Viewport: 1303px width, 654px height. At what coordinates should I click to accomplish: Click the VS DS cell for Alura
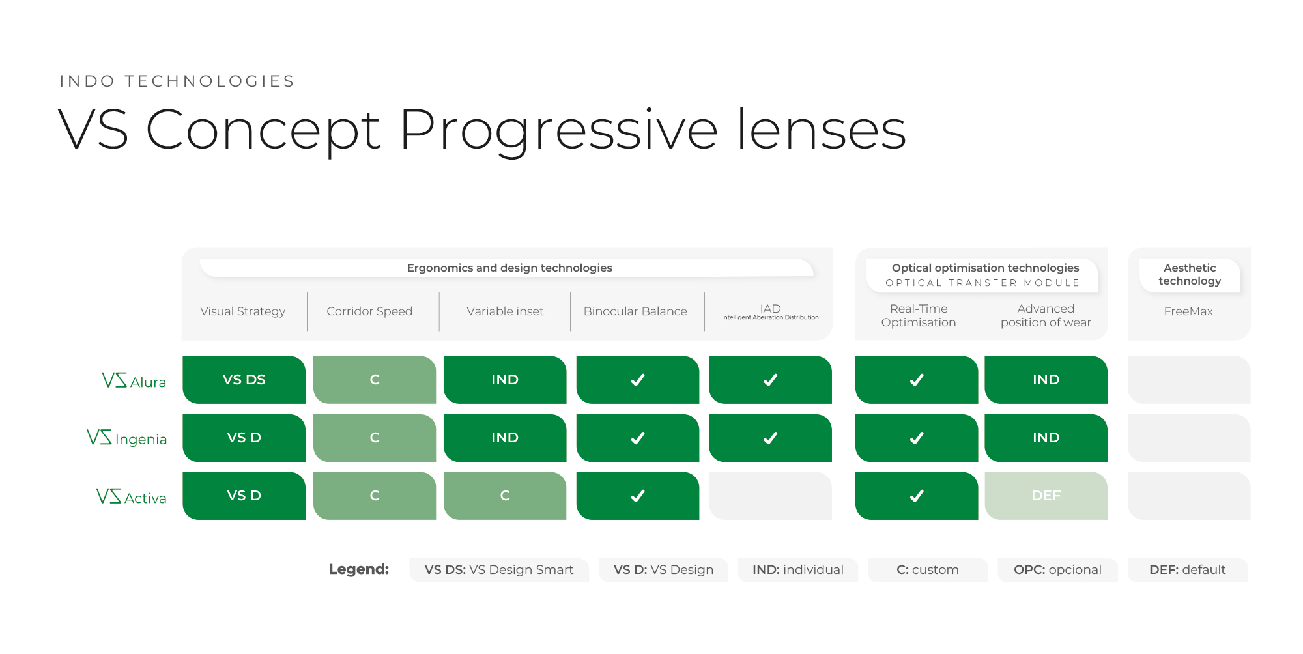point(244,380)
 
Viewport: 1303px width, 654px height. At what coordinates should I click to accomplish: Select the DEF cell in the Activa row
point(1046,496)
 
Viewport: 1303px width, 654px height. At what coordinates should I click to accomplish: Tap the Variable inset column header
point(505,311)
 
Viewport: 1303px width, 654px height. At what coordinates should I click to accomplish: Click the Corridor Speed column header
point(369,311)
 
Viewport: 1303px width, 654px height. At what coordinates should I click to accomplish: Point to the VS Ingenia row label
point(127,438)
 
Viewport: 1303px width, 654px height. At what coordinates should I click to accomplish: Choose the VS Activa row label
point(132,496)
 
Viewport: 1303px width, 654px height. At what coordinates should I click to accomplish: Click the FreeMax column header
point(1188,311)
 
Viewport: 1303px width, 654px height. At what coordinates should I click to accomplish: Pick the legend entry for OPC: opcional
point(1057,570)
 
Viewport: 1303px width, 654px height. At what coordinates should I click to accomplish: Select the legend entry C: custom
point(928,570)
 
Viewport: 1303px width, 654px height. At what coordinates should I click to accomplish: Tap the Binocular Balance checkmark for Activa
point(638,496)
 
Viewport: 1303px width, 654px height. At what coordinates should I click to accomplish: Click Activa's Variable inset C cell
point(505,496)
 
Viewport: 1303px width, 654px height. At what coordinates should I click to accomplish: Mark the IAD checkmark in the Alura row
point(770,380)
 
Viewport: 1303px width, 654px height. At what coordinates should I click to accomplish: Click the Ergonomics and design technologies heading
point(509,268)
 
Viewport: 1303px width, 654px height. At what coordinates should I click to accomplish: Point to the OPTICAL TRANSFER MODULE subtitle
point(982,283)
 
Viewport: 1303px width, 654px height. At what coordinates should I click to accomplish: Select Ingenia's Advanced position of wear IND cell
point(1046,438)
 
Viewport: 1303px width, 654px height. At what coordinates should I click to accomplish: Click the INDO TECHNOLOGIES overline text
point(177,81)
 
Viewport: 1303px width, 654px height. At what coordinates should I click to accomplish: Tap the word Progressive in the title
point(558,130)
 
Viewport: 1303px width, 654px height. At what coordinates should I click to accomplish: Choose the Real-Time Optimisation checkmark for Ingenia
point(917,438)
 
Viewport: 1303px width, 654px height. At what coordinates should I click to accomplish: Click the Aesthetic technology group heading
point(1190,274)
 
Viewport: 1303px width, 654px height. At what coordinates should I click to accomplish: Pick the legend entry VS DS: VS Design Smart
point(499,570)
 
